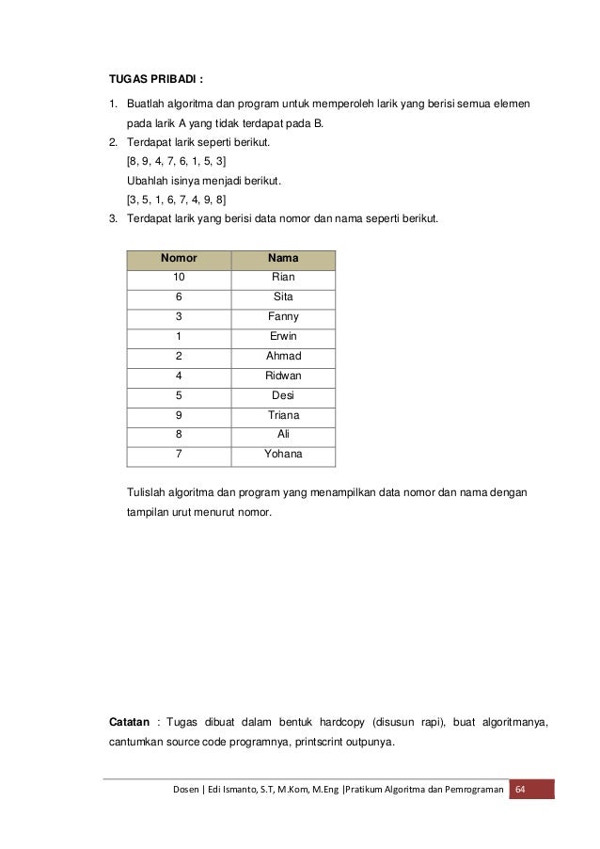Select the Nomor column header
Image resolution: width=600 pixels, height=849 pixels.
coord(179,257)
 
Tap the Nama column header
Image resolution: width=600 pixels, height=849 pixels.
coord(283,257)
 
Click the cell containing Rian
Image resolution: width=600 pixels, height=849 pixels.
coord(283,277)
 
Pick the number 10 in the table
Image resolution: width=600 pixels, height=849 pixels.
coord(179,277)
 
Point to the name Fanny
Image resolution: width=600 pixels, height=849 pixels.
coord(283,316)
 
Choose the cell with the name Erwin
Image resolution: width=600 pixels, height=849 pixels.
coord(283,336)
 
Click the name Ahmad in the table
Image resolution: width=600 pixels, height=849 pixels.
coord(283,356)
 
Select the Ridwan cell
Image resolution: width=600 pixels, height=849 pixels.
coord(283,376)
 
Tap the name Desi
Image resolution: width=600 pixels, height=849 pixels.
coord(283,395)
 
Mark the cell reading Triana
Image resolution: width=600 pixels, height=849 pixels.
coord(283,415)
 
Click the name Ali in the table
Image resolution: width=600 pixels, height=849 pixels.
coord(283,435)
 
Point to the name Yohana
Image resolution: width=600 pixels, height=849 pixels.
coord(283,455)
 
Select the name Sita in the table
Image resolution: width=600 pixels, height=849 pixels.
coord(283,296)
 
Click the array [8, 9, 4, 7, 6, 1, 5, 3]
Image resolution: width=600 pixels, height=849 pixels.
coord(176,162)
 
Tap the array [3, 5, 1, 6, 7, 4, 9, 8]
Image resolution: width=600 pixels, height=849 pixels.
coord(176,200)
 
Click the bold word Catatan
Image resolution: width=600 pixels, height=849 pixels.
coord(130,723)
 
